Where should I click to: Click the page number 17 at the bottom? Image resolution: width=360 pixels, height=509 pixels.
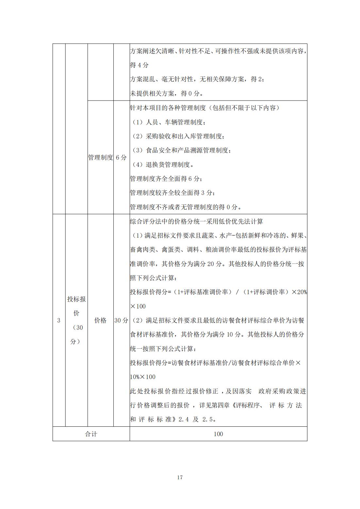pyautogui.click(x=180, y=477)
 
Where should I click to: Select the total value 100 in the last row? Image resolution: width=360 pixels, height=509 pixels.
pyautogui.click(x=218, y=434)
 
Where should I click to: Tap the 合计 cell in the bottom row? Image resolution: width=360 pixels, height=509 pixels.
pyautogui.click(x=91, y=434)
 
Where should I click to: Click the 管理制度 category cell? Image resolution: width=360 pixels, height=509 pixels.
pyautogui.click(x=100, y=157)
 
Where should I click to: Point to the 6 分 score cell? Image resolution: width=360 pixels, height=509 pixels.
pyautogui.click(x=121, y=157)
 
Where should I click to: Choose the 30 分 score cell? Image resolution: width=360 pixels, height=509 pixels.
pyautogui.click(x=121, y=321)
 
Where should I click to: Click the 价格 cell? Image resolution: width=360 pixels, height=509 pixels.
pyautogui.click(x=100, y=321)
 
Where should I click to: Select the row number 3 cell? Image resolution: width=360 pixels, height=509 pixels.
pyautogui.click(x=59, y=321)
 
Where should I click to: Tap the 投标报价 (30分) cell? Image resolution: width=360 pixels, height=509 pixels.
pyautogui.click(x=76, y=320)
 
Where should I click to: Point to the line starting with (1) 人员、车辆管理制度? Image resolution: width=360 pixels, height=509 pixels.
pyautogui.click(x=169, y=122)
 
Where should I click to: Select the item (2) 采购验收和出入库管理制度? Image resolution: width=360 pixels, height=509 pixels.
pyautogui.click(x=178, y=136)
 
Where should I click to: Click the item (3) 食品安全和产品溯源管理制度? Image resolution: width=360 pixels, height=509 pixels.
pyautogui.click(x=181, y=151)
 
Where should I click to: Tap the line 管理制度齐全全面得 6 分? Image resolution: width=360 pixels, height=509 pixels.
pyautogui.click(x=166, y=179)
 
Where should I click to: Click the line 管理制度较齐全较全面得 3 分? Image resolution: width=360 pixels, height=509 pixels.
pyautogui.click(x=172, y=193)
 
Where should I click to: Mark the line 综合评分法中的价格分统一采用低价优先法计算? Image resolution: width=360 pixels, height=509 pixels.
pyautogui.click(x=196, y=221)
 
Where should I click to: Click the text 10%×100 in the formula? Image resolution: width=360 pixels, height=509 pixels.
pyautogui.click(x=143, y=377)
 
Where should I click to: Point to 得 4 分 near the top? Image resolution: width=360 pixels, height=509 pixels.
pyautogui.click(x=139, y=65)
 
